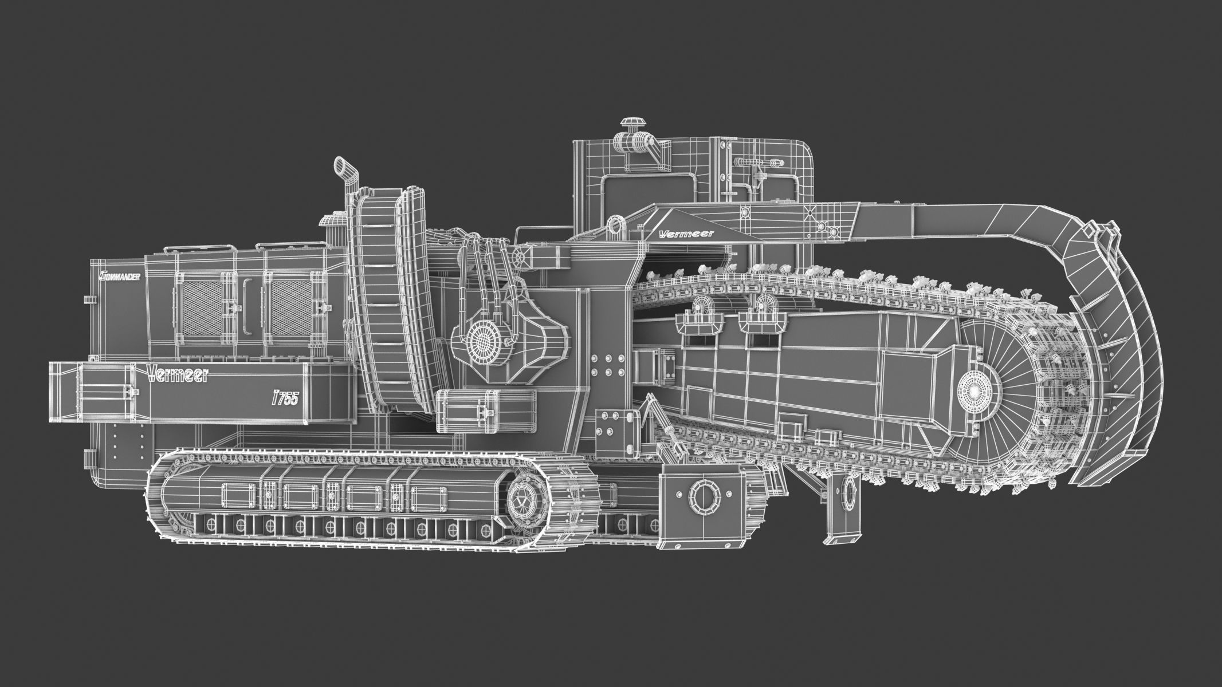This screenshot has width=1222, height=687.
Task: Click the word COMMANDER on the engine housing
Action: click(120, 275)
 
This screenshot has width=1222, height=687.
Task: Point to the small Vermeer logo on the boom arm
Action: click(679, 233)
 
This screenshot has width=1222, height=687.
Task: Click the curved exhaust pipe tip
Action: click(342, 165)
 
